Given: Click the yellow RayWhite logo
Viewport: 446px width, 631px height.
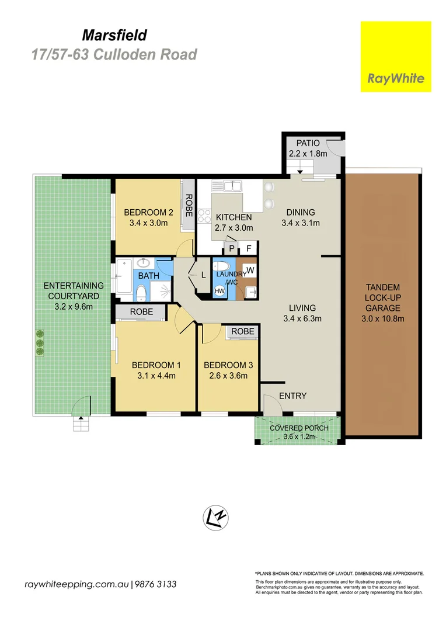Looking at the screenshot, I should (x=396, y=56).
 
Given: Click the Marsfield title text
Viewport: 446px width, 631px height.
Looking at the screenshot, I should (x=115, y=36).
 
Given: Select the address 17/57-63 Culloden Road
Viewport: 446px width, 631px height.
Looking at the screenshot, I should (x=114, y=55).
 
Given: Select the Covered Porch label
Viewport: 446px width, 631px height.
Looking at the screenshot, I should (x=299, y=428).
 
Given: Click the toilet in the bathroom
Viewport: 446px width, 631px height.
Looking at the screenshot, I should (x=141, y=292).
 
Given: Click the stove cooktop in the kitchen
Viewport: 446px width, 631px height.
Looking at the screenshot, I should (x=204, y=216).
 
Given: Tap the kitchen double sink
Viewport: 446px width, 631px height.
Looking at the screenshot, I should (x=236, y=187).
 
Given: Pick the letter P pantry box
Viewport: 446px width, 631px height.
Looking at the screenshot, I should (x=232, y=248).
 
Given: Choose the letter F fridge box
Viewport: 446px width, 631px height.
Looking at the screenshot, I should (x=248, y=248).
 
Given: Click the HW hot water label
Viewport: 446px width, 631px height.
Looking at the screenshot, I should (x=219, y=290).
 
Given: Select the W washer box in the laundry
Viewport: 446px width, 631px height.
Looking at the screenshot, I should (x=250, y=270).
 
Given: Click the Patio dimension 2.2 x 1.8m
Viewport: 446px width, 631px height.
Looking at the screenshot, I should (x=308, y=154).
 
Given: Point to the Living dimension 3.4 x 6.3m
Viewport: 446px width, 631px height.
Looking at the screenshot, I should (x=302, y=318).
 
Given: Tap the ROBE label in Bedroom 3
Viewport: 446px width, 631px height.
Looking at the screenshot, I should (x=242, y=331).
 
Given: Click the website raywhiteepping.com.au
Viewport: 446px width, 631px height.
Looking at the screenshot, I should (x=76, y=584).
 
